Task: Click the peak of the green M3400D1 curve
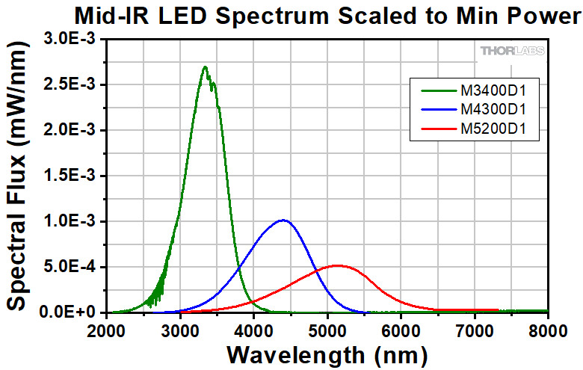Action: coord(205,67)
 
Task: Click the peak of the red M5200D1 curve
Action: coord(337,265)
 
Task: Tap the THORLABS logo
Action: coord(512,51)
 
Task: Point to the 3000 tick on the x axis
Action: coord(180,312)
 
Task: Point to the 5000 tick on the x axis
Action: coord(327,312)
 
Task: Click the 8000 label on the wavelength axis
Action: coord(549,329)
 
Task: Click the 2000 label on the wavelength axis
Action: coord(107,329)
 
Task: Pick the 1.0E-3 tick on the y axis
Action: coord(107,221)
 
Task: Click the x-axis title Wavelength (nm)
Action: coord(328,353)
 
